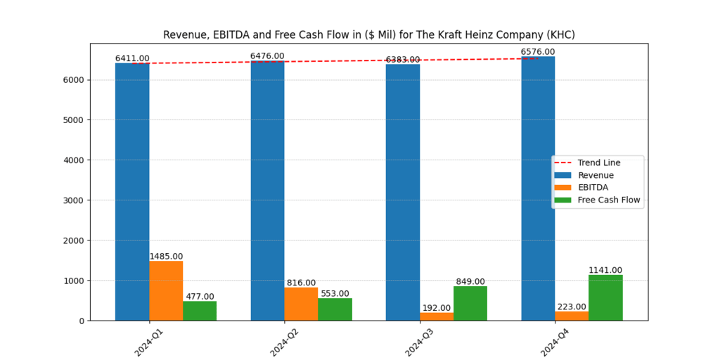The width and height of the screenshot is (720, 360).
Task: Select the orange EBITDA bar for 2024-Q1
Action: tap(166, 290)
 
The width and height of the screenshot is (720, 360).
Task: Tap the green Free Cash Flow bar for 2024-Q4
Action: tap(605, 297)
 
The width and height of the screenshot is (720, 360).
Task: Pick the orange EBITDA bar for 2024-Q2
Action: tap(301, 304)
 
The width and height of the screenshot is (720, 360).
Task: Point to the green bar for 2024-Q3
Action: tap(470, 303)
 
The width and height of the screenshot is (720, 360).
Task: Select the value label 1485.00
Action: tap(166, 257)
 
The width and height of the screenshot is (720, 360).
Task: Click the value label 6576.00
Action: tap(538, 52)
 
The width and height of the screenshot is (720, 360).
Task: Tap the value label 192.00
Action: tap(437, 308)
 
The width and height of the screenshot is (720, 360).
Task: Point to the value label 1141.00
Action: tap(605, 270)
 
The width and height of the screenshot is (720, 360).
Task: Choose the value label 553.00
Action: tap(335, 294)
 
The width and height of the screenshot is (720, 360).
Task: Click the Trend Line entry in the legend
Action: tap(598, 163)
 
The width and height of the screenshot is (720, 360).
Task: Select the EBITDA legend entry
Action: tap(593, 188)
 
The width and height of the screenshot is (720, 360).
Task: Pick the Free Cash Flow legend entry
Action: tap(609, 200)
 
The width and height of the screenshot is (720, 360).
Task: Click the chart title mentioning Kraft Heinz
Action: tap(369, 34)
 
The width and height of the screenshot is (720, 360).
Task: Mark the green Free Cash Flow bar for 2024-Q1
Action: tap(200, 311)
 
